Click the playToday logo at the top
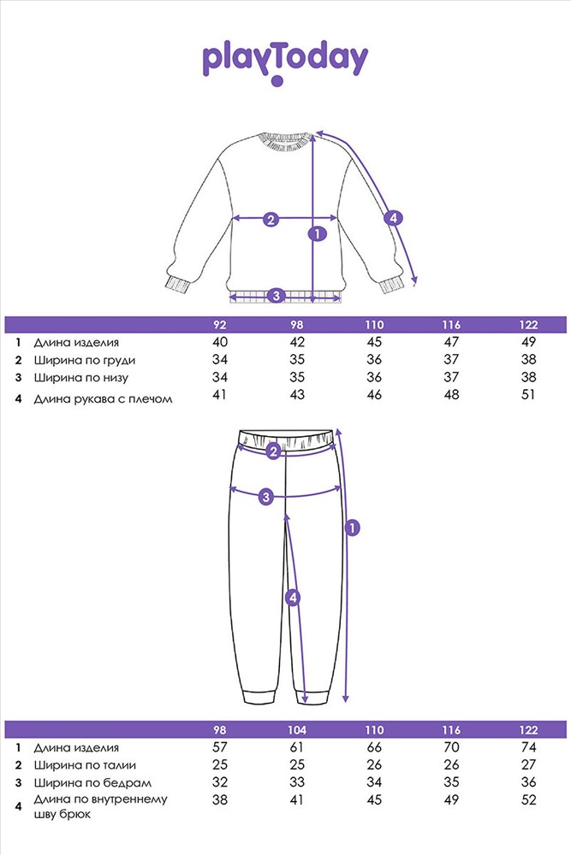[285, 61]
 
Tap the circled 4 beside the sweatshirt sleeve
[393, 218]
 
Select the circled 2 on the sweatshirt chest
[271, 219]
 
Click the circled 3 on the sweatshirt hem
[275, 296]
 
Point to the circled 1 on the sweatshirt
[317, 233]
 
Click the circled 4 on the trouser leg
[293, 598]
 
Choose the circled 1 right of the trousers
[349, 528]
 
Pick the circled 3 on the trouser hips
[265, 496]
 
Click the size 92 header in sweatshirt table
[221, 326]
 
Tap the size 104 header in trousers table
[298, 730]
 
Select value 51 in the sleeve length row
[528, 395]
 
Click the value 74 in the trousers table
[528, 747]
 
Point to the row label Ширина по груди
[85, 360]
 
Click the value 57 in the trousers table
[221, 747]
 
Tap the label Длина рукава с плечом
[104, 398]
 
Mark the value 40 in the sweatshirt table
[221, 343]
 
